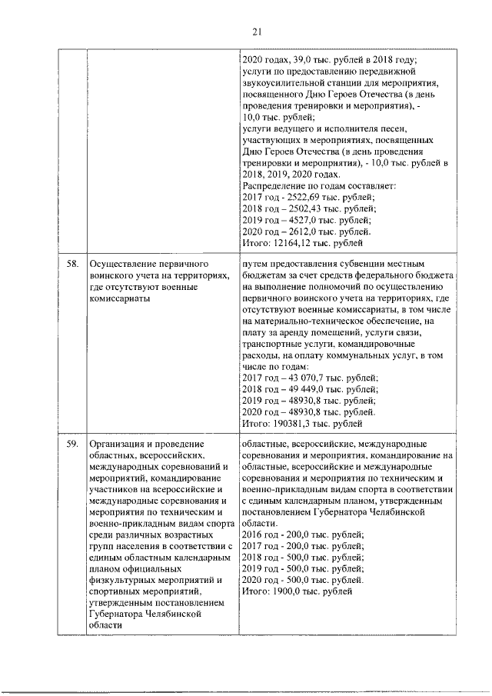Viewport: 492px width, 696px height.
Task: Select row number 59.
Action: (72, 444)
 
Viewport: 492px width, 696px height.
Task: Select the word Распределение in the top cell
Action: (274, 185)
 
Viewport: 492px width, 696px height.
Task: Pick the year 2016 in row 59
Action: (253, 534)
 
